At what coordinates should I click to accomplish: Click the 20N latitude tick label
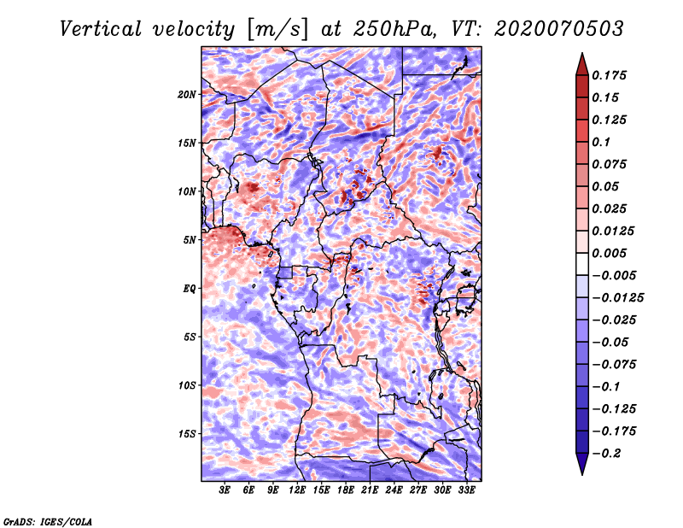pyautogui.click(x=187, y=94)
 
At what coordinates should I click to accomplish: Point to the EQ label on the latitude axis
pyautogui.click(x=190, y=289)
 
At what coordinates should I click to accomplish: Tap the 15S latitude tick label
pyautogui.click(x=187, y=434)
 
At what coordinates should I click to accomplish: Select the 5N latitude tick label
pyautogui.click(x=190, y=240)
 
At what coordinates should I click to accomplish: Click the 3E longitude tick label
pyautogui.click(x=225, y=490)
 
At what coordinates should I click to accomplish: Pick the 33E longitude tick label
pyautogui.click(x=466, y=490)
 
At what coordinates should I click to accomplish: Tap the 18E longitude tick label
pyautogui.click(x=346, y=490)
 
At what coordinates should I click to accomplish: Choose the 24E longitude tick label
pyautogui.click(x=394, y=490)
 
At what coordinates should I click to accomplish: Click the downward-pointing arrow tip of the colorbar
pyautogui.click(x=581, y=472)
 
